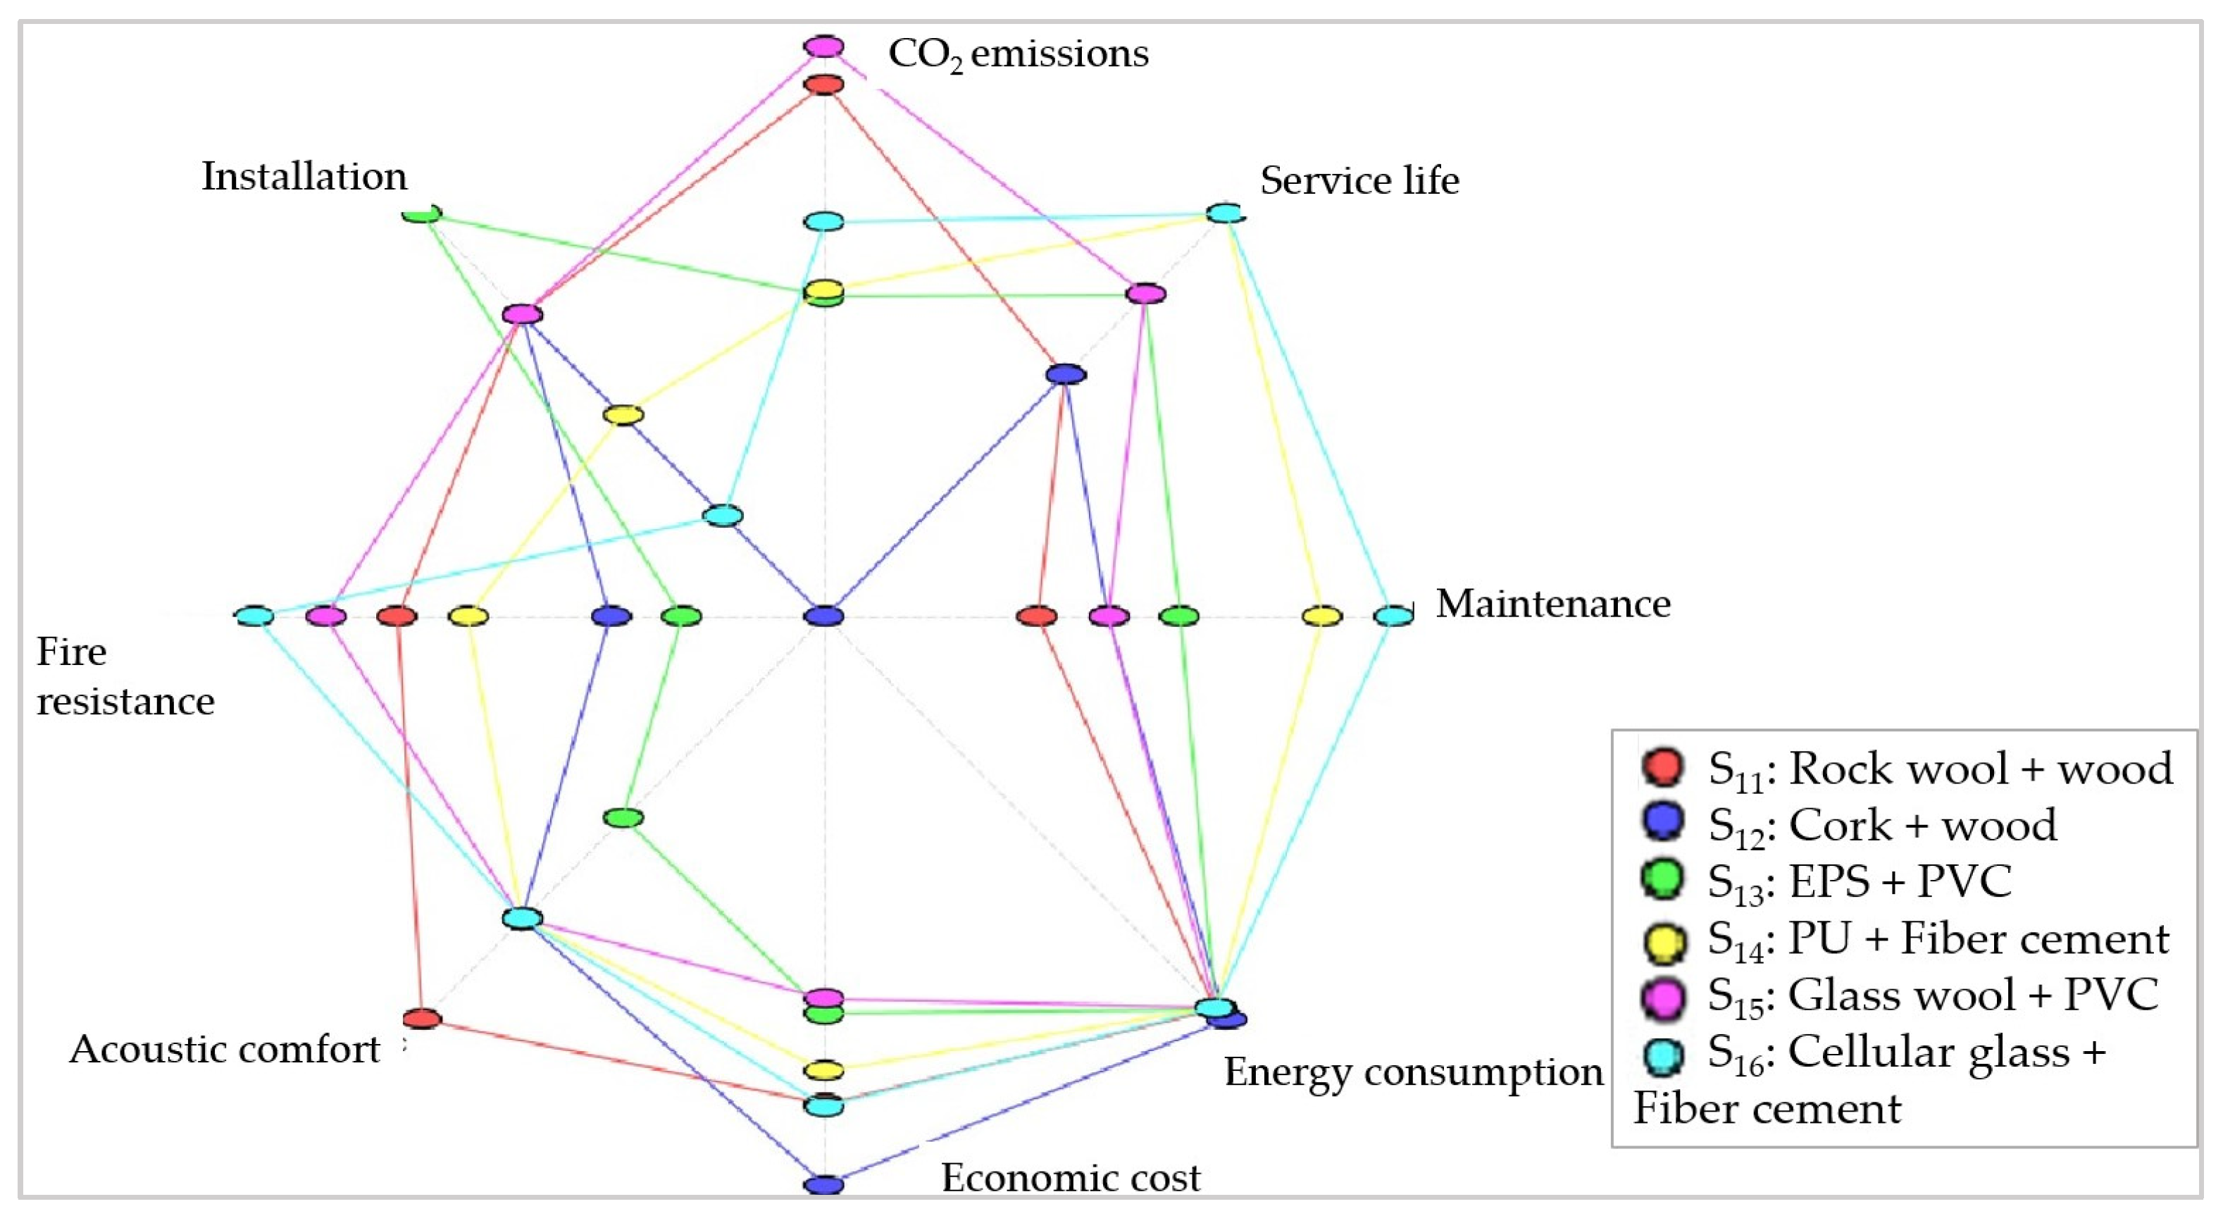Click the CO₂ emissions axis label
[1019, 54]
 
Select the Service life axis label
[1359, 180]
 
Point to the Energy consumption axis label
[1414, 1072]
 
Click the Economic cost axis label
[1070, 1177]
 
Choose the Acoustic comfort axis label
[225, 1050]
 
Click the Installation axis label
[304, 176]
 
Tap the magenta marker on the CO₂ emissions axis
[824, 46]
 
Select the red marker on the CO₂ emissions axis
[824, 85]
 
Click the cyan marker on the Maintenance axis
[1393, 616]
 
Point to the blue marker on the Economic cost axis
[823, 1185]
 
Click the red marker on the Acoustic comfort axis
[422, 1019]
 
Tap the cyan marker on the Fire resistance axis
[254, 616]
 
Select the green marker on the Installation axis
[422, 212]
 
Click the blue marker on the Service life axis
[1066, 373]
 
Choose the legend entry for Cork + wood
[1881, 824]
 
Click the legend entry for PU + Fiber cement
[1936, 938]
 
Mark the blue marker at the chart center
[824, 616]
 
